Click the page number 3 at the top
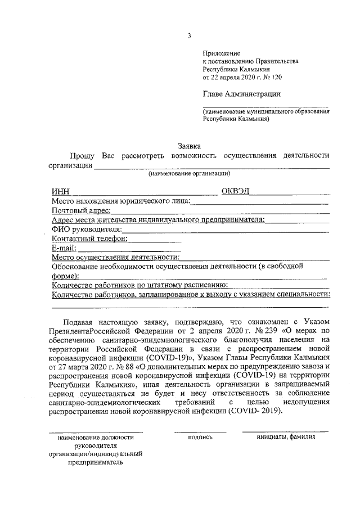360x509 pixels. pos(190,36)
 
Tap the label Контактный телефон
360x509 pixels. pos(89,238)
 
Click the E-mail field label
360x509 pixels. pos(63,247)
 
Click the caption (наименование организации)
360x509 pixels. pos(189,174)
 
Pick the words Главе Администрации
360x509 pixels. pos(241,94)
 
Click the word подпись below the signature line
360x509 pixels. pos(200,436)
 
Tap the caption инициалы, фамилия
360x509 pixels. pos(285,436)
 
